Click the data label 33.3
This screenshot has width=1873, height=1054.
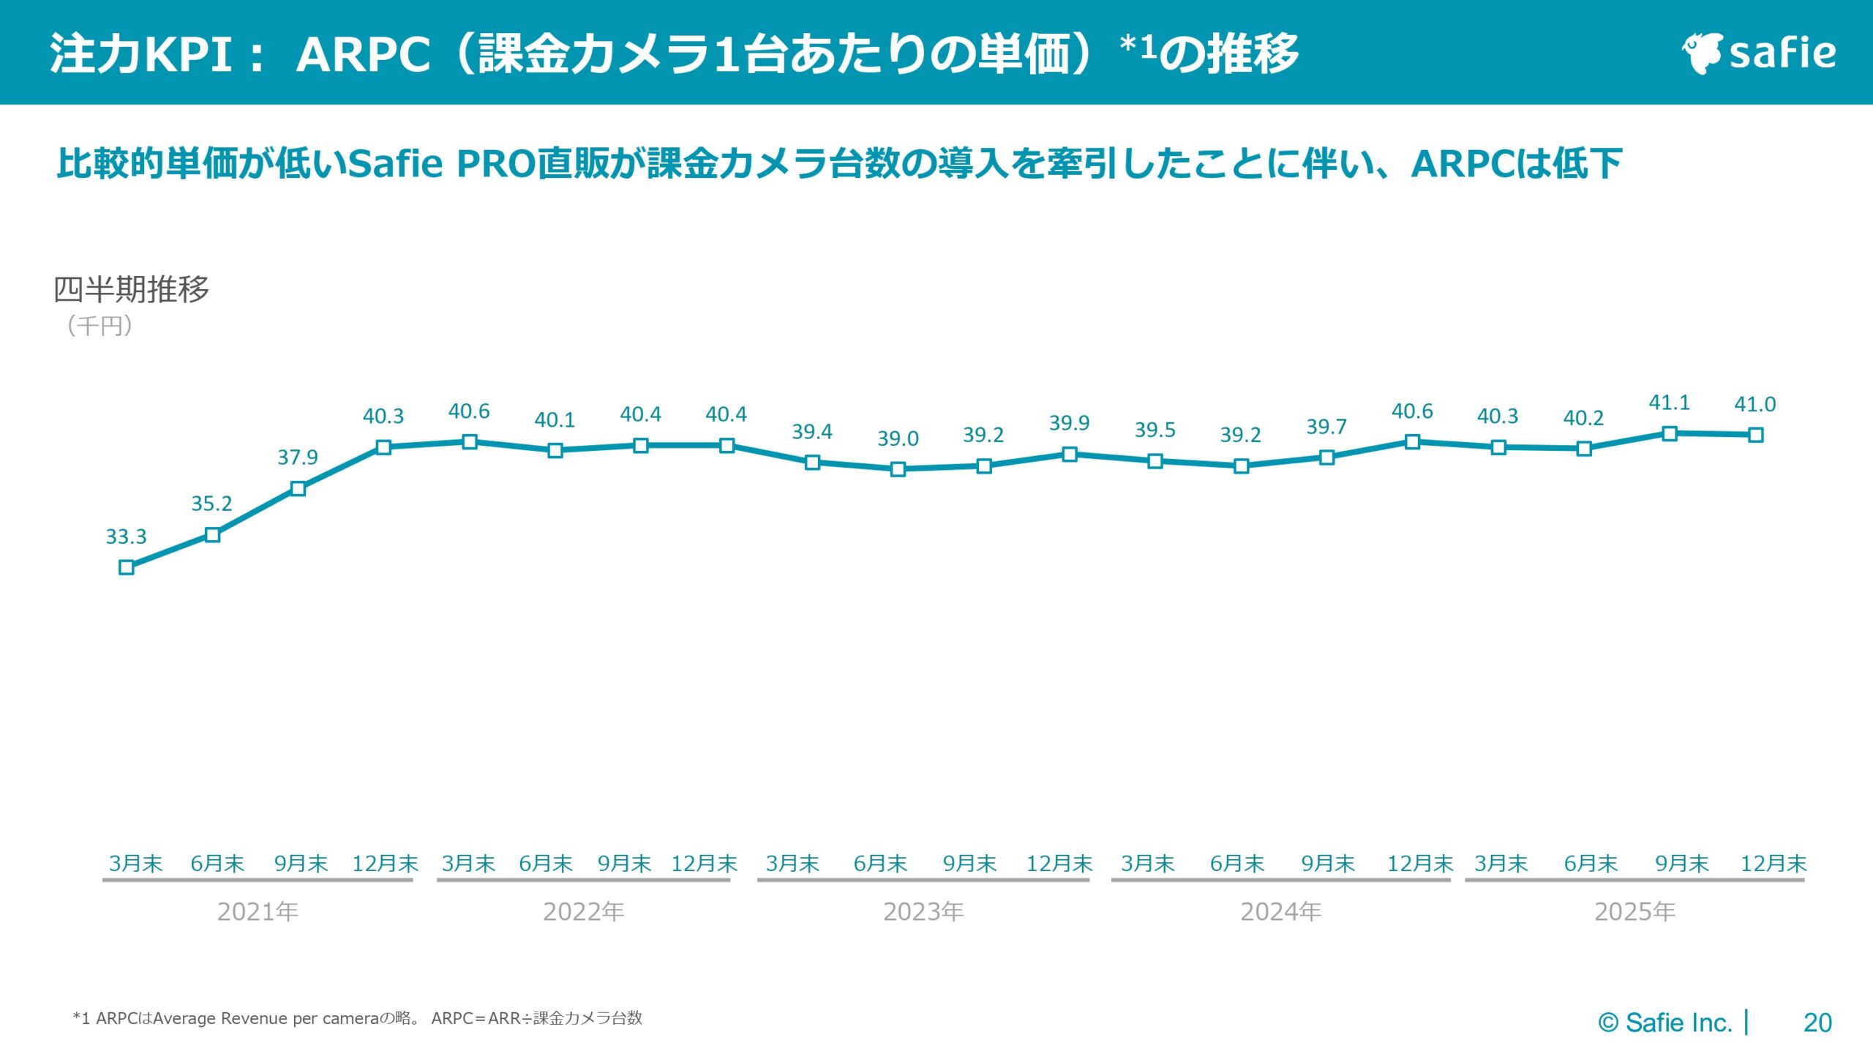pyautogui.click(x=126, y=537)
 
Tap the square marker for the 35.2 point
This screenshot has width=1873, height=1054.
pyautogui.click(x=212, y=535)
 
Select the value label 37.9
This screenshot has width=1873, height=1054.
pyautogui.click(x=297, y=457)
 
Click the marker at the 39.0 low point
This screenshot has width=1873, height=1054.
pyautogui.click(x=898, y=469)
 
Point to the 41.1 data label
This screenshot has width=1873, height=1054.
pyautogui.click(x=1669, y=403)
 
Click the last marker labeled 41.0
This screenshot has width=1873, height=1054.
pyautogui.click(x=1755, y=435)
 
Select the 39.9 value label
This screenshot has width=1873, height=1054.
pyautogui.click(x=1069, y=423)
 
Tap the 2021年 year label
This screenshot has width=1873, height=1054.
pyautogui.click(x=258, y=911)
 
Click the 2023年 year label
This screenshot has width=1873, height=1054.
pyautogui.click(x=923, y=911)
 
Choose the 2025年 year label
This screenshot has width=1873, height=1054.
pyautogui.click(x=1634, y=911)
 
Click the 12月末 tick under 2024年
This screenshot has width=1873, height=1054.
pyautogui.click(x=1419, y=864)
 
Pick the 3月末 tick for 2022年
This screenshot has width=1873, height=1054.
pyautogui.click(x=468, y=864)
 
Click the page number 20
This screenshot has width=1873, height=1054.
pyautogui.click(x=1817, y=1023)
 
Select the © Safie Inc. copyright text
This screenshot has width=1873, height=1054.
pyautogui.click(x=1664, y=1023)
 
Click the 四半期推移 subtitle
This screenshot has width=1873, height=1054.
pyautogui.click(x=132, y=289)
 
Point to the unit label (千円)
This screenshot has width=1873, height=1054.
pyautogui.click(x=100, y=326)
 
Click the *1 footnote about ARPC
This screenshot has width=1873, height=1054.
pyautogui.click(x=357, y=1018)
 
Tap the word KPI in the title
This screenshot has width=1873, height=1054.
pyautogui.click(x=189, y=54)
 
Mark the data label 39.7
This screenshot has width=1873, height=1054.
pyautogui.click(x=1326, y=427)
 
